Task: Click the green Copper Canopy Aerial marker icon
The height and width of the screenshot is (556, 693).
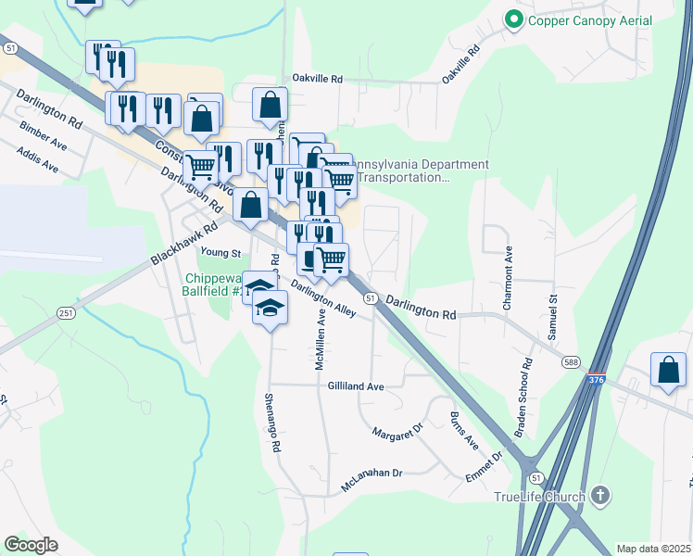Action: tap(512, 19)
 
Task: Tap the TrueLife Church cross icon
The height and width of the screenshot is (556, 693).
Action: tap(600, 496)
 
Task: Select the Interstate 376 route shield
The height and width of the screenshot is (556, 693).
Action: tap(598, 380)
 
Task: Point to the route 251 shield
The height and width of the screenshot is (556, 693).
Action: tap(65, 313)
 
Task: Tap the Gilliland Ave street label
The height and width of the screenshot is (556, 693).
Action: tap(356, 386)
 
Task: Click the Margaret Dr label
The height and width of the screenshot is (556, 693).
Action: tap(397, 431)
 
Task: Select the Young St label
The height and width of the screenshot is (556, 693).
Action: tap(221, 252)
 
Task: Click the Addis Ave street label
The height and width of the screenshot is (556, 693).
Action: tap(37, 163)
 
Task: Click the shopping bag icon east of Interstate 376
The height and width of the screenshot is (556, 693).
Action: tap(668, 371)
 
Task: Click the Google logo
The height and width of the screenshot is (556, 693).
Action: tap(31, 545)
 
